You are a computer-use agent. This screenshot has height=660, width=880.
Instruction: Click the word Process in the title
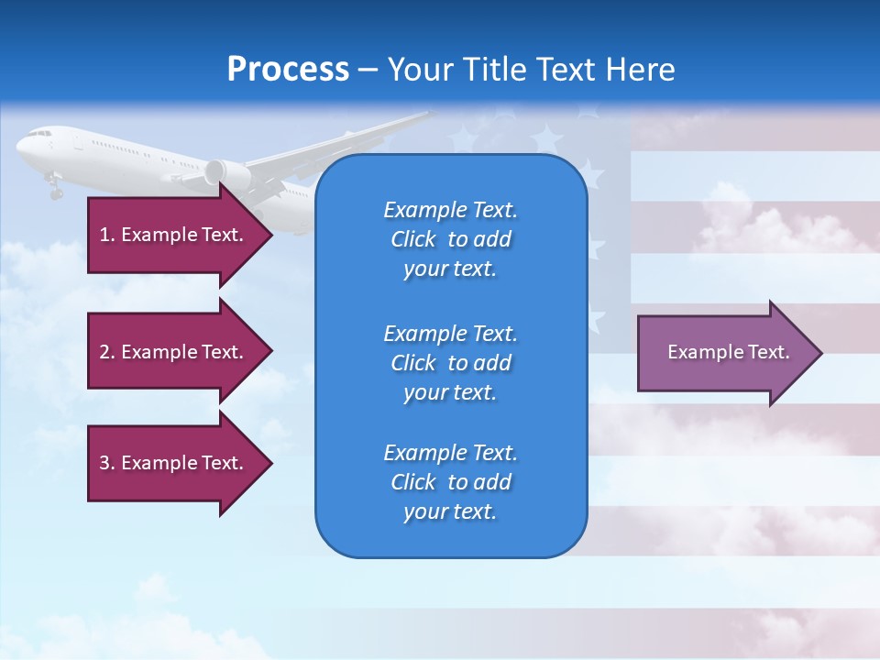(288, 70)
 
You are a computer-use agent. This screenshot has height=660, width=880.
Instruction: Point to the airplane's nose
(19, 148)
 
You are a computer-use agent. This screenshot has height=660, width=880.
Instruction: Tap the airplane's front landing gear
(55, 190)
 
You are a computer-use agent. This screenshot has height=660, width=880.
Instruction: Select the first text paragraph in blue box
(450, 239)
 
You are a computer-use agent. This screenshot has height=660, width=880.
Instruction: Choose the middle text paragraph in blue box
(450, 362)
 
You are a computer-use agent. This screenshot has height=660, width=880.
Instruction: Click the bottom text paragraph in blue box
(450, 482)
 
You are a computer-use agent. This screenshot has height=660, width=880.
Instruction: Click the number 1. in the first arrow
(107, 235)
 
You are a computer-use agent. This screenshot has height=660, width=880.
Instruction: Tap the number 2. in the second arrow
(107, 352)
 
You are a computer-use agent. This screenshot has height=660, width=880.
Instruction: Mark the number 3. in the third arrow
(107, 463)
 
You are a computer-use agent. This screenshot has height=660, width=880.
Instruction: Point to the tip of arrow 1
(271, 235)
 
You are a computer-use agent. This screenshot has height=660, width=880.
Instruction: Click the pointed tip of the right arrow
(821, 352)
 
